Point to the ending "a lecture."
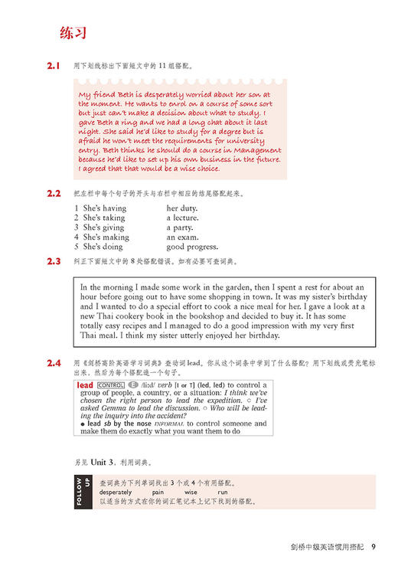click(x=183, y=218)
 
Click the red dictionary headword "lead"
click(x=85, y=384)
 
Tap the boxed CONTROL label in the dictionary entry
click(x=111, y=384)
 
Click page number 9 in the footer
click(x=373, y=547)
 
